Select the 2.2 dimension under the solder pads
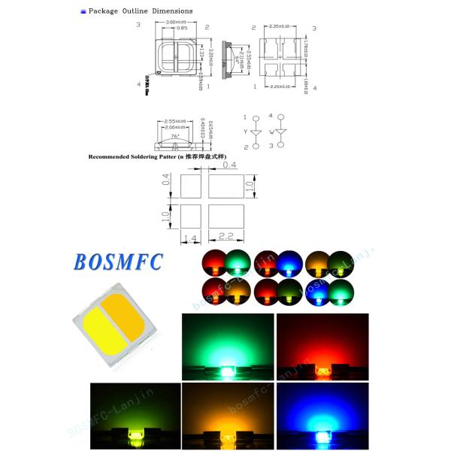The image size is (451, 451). (227, 236)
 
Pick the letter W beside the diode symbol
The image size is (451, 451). (269, 132)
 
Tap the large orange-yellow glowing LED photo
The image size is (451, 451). (226, 414)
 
